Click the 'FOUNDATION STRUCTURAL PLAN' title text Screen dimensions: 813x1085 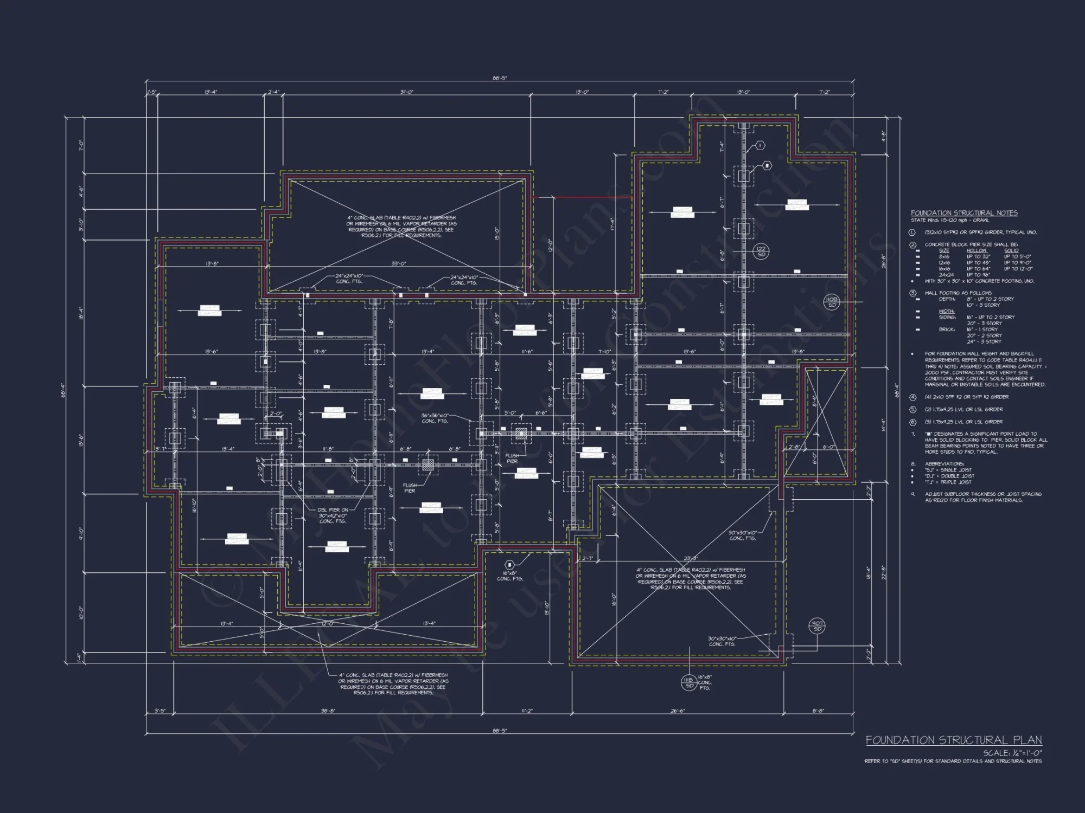(x=953, y=740)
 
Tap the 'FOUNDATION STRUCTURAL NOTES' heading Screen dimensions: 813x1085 (x=964, y=214)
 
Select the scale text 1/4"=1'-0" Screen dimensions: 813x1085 (x=1012, y=753)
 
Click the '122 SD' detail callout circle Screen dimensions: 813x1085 (x=761, y=251)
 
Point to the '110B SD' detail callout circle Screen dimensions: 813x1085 (x=831, y=302)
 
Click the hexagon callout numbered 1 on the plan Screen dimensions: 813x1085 (x=761, y=146)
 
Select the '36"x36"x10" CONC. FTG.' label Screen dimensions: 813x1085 (x=436, y=418)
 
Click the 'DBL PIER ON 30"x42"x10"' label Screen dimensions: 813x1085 (x=334, y=515)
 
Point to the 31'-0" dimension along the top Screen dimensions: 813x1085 (x=406, y=92)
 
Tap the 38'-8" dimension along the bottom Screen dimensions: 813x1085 (x=328, y=711)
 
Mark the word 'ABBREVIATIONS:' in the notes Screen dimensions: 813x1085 (x=944, y=464)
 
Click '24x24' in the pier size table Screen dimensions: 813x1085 (x=946, y=275)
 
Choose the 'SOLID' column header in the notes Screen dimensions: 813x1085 (x=1011, y=251)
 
